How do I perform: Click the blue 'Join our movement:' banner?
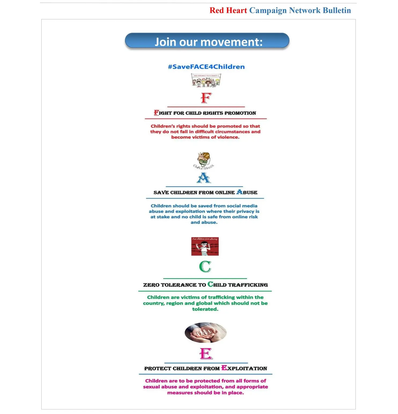point(207,41)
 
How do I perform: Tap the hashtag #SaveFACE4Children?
point(206,67)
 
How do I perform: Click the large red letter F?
point(206,98)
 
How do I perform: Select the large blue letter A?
point(204,178)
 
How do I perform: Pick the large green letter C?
point(205,267)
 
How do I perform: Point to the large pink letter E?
point(206,354)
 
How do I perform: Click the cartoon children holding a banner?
point(206,80)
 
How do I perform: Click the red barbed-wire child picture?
point(205,246)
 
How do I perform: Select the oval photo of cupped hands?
point(206,333)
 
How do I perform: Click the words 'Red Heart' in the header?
point(228,10)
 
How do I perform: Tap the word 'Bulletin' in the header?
point(337,10)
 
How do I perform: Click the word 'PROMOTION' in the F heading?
point(240,113)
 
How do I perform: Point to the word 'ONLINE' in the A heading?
point(225,193)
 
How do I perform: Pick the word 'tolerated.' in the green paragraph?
point(205,309)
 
